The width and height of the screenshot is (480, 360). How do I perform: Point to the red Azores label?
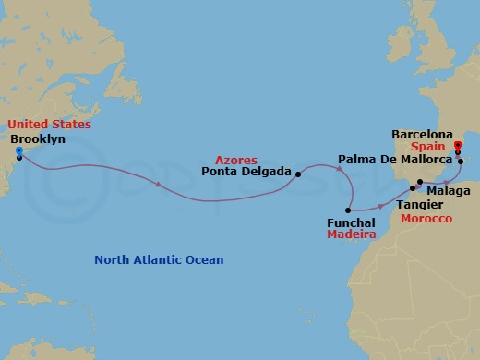click(236, 160)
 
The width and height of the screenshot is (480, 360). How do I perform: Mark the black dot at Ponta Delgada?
click(298, 173)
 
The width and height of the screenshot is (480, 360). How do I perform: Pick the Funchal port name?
click(351, 222)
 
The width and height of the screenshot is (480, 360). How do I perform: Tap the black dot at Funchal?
click(350, 210)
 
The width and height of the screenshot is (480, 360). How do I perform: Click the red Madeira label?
click(351, 235)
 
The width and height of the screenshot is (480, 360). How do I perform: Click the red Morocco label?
click(426, 218)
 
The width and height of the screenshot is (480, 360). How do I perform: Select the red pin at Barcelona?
click(458, 145)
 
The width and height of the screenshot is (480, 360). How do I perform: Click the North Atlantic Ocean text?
click(159, 260)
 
